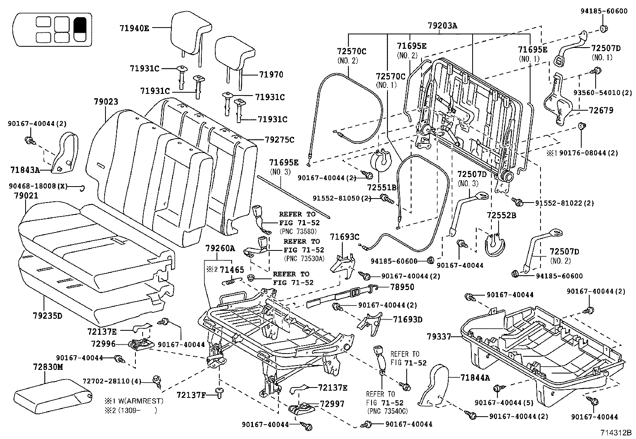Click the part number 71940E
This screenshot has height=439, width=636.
click(x=134, y=28)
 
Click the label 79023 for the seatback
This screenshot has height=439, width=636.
click(x=106, y=102)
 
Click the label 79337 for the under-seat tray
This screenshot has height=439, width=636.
click(x=439, y=337)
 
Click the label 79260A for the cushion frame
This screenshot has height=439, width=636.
click(x=220, y=248)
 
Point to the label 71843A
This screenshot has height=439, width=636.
click(x=25, y=170)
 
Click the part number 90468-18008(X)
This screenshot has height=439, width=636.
click(x=38, y=186)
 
